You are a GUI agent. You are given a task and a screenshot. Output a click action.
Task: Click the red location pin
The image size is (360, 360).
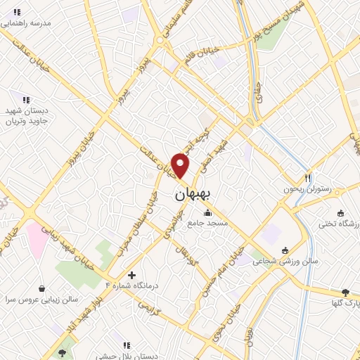tap(181, 166)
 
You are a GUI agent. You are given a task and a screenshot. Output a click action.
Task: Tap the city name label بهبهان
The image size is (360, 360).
tap(191, 195)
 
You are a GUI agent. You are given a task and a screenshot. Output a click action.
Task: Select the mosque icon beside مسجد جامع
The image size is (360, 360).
tap(207, 213)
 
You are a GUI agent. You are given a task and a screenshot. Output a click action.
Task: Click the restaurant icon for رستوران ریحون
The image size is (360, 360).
tap(307, 177)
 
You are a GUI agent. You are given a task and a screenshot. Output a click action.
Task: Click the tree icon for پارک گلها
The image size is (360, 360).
tap(345, 292)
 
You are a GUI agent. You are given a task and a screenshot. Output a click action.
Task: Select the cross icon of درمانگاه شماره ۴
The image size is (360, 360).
tap(131, 274)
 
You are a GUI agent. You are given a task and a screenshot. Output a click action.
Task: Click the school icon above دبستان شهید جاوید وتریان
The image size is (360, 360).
tap(26, 100)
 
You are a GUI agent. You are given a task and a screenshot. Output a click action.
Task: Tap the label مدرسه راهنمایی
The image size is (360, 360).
tap(26, 22)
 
